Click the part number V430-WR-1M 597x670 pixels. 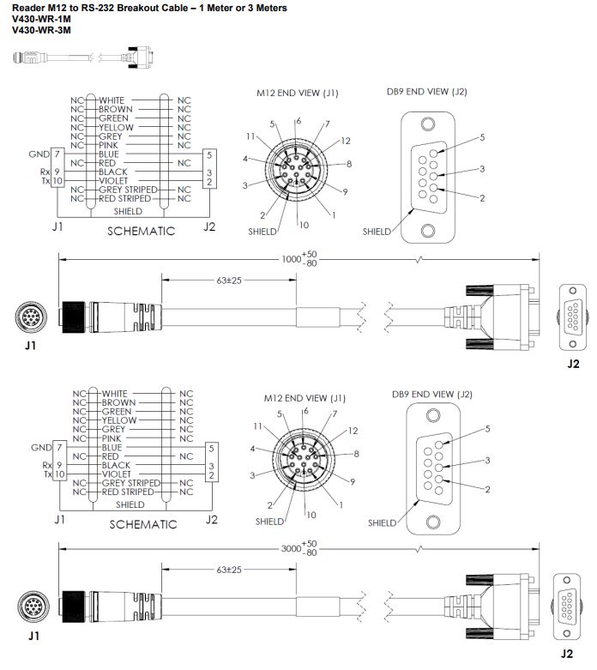tap(41, 19)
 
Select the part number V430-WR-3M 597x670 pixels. tap(41, 30)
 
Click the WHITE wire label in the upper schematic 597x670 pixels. tap(114, 100)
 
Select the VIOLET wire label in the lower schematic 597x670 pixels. tap(117, 474)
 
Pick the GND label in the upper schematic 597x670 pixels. tap(39, 154)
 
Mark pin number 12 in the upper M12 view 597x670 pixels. tap(346, 140)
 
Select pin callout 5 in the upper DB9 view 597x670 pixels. tap(482, 137)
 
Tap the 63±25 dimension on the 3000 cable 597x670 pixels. tap(228, 570)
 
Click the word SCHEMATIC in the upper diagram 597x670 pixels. tap(141, 231)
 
